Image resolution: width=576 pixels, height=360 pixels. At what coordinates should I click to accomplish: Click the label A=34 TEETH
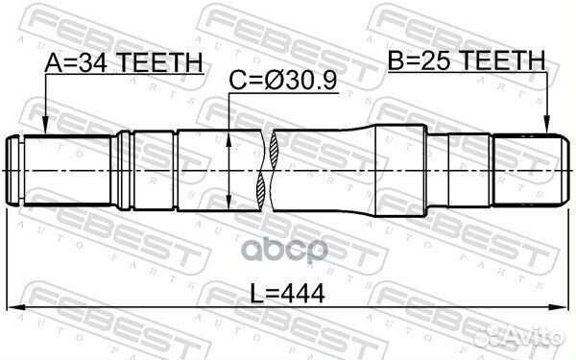coord(125,62)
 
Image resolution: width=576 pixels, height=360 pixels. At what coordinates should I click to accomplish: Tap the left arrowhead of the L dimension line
coord(13,310)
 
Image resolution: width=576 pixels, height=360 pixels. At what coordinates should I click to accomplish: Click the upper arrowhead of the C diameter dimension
coord(228,136)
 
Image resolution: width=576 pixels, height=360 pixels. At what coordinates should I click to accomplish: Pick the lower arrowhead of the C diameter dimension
coord(228,204)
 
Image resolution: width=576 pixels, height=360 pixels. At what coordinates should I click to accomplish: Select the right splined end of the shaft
coord(526,169)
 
